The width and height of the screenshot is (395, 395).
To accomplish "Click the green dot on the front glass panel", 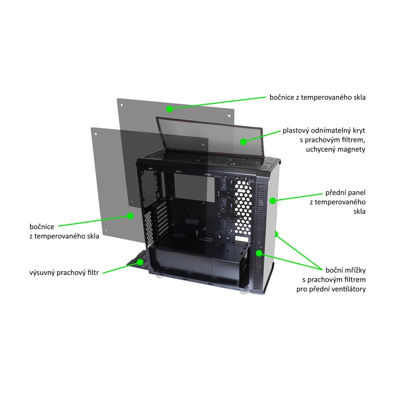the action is [273, 201].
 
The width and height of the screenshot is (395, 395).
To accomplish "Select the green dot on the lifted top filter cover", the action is [243, 142].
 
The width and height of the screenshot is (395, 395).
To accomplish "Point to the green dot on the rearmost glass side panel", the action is [169, 109].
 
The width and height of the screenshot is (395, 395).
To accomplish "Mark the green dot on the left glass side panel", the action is [130, 216].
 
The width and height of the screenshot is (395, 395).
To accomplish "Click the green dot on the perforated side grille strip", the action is [259, 253].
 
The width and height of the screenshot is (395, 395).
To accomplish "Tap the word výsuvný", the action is [42, 273].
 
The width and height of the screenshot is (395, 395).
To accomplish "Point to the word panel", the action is [356, 192].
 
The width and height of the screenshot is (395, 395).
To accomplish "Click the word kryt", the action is [358, 130].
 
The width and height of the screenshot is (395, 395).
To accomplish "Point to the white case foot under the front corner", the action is [243, 292].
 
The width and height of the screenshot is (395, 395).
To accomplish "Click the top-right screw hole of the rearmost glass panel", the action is [228, 115].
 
